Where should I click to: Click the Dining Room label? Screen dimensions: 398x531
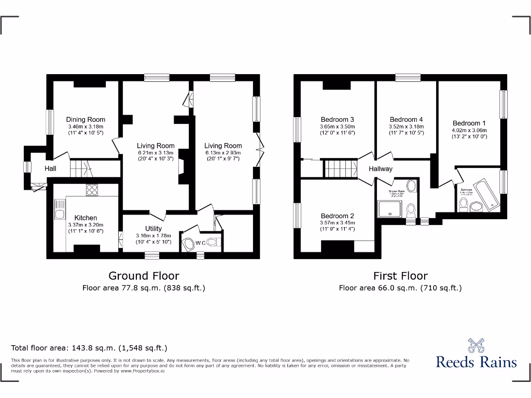coord(86,120)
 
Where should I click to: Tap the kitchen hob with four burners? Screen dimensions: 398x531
coord(92,190)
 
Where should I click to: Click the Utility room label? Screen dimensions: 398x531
coord(153,229)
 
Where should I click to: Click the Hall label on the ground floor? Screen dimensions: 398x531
coord(50,168)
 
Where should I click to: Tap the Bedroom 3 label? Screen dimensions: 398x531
coord(337,119)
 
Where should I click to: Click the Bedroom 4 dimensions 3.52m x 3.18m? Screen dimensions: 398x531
coord(406,126)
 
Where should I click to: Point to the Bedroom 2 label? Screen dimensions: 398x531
coord(337,216)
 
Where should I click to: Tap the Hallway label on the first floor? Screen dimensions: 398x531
coord(381,169)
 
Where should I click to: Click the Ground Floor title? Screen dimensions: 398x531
coord(144,276)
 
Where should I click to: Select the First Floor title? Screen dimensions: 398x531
coord(400,276)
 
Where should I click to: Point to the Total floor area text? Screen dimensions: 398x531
coord(89,348)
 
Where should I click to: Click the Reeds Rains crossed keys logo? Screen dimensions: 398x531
coord(476,345)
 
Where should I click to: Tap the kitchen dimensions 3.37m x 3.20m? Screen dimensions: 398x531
coord(86,225)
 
